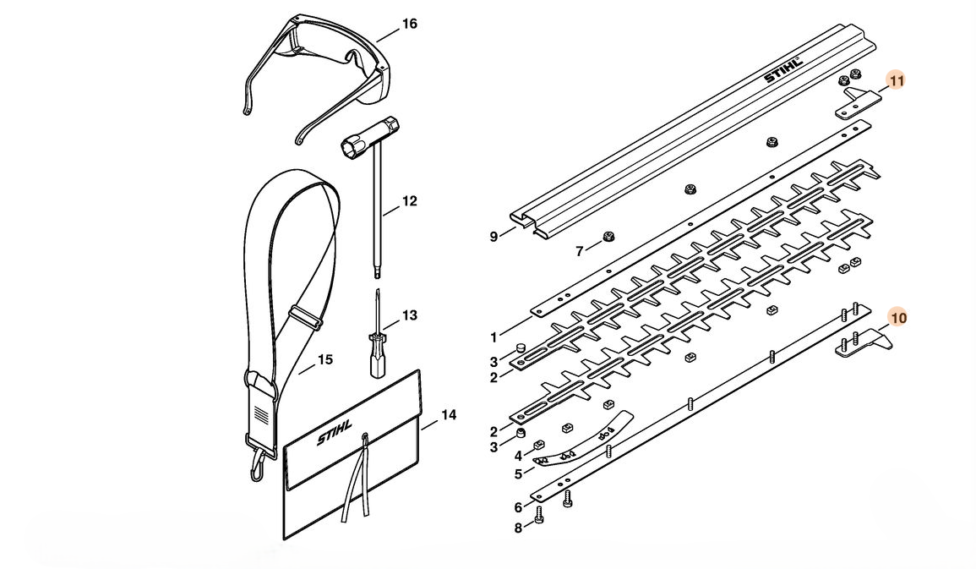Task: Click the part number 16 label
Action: pyautogui.click(x=409, y=25)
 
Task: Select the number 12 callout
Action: pyautogui.click(x=409, y=201)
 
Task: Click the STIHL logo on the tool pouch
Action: pyautogui.click(x=336, y=439)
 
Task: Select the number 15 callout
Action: pyautogui.click(x=324, y=360)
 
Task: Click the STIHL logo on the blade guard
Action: pyautogui.click(x=782, y=71)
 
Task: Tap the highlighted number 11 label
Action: pyautogui.click(x=897, y=80)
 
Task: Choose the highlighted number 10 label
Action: pyautogui.click(x=898, y=318)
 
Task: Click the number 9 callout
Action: pyautogui.click(x=494, y=237)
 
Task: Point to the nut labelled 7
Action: pyautogui.click(x=606, y=238)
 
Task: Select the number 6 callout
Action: pyautogui.click(x=517, y=507)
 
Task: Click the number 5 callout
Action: pyautogui.click(x=517, y=474)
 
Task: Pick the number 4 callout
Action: pyautogui.click(x=517, y=457)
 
